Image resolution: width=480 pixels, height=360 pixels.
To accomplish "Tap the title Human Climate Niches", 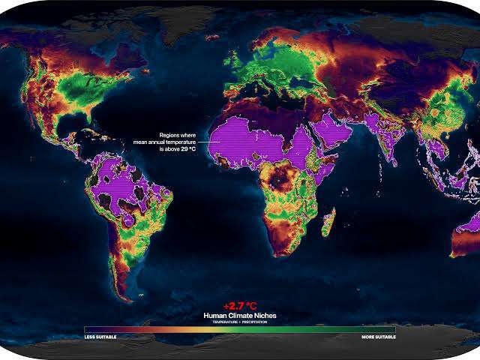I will (239, 316).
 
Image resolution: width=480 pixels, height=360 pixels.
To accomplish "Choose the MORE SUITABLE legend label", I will (379, 337).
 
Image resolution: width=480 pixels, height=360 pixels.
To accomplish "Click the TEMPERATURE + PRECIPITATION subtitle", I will (239, 322).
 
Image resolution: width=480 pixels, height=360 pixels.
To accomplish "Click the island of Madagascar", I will (328, 223).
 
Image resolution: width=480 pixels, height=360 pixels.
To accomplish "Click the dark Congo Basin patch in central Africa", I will (284, 179).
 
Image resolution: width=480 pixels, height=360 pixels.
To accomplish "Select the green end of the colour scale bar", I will (386, 329).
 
